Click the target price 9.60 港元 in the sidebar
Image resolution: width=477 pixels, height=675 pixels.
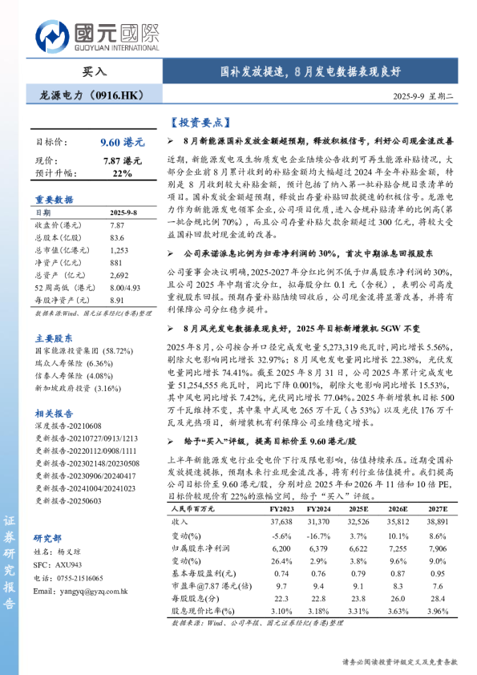click(122, 141)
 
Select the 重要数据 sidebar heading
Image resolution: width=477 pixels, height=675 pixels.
click(54, 199)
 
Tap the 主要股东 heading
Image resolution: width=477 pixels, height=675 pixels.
click(54, 316)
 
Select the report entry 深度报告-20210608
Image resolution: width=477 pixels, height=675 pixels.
click(70, 404)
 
